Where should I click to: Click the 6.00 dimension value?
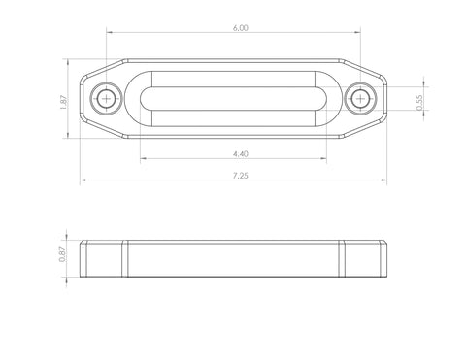coord(241,28)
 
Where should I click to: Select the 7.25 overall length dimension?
coord(241,176)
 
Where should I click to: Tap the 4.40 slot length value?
coord(241,154)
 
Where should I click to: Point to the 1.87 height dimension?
coord(63,102)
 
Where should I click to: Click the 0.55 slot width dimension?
coord(419,103)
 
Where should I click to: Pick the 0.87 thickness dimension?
coord(62,254)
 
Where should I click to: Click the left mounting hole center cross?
coord(106,98)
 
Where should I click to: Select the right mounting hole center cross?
coord(360,98)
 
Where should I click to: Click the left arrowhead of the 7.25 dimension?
coord(83,180)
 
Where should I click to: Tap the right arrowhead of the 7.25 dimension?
coord(383,180)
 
